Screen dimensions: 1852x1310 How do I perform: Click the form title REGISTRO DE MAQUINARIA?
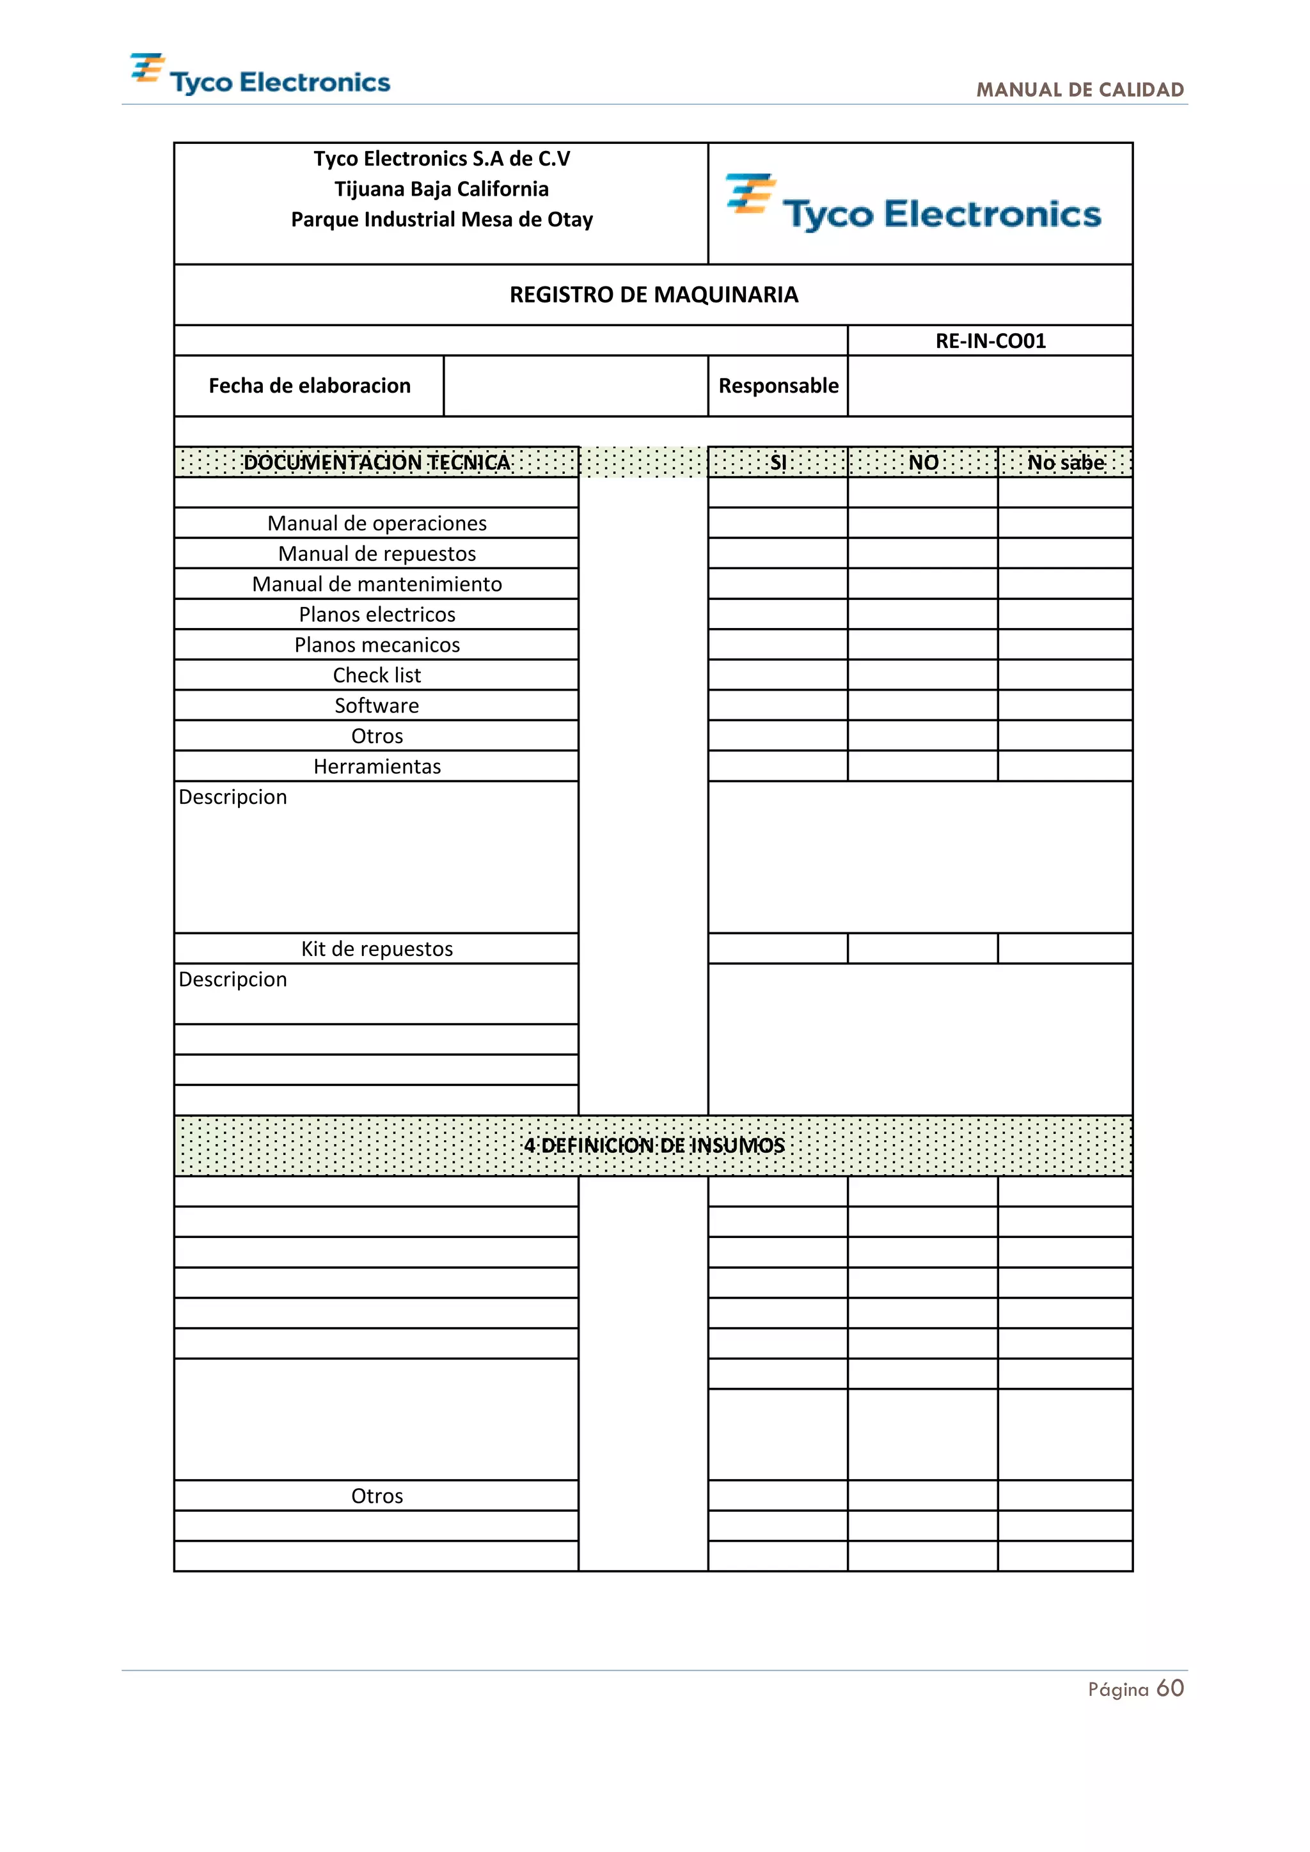coord(653,294)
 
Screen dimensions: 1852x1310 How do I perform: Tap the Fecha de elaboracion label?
coord(309,386)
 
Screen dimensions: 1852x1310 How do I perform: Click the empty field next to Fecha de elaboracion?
coord(575,386)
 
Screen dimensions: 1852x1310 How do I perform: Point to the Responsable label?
coord(778,386)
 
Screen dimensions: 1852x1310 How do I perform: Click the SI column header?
coord(778,462)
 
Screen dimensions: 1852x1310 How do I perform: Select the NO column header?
coord(923,462)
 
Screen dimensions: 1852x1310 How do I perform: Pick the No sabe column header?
coord(1065,462)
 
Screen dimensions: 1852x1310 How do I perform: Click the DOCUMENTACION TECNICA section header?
coord(377,462)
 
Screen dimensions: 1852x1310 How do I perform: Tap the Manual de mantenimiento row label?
coord(377,584)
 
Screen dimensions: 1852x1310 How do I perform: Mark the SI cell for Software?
coord(778,705)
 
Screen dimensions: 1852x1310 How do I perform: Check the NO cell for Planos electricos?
coord(923,614)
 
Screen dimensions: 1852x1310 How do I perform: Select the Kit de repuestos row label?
coord(377,948)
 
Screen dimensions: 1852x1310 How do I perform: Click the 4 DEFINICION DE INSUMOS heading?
coord(653,1145)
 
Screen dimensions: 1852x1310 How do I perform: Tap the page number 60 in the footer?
coord(1170,1688)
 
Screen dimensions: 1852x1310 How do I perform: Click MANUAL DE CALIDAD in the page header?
coord(1079,90)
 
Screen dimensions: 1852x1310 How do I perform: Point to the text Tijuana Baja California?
coord(441,189)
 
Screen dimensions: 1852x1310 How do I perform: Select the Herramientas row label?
coord(377,766)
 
